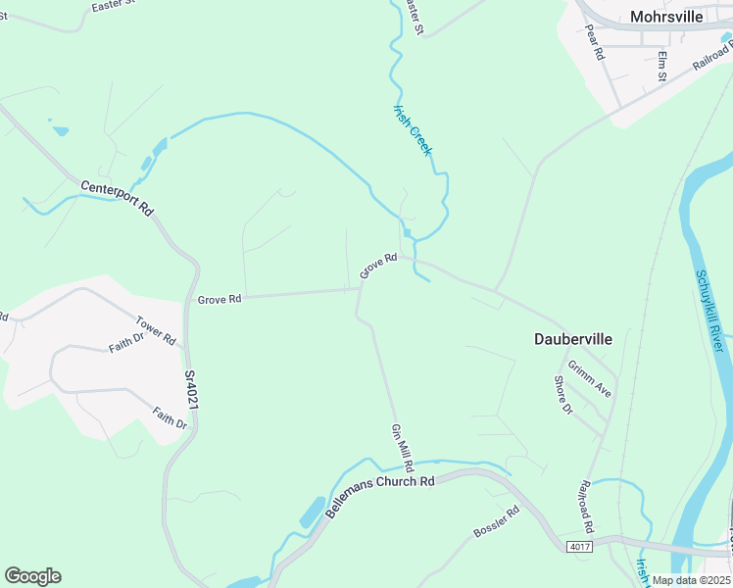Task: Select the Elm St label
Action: [x=663, y=66]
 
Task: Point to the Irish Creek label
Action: [x=412, y=128]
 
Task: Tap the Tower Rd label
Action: [x=156, y=330]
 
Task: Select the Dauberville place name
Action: [x=573, y=339]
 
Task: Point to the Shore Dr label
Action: [x=562, y=395]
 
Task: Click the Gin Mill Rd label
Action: [x=403, y=445]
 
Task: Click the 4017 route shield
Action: [x=579, y=546]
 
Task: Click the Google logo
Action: [x=32, y=576]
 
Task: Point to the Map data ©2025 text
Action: [x=691, y=580]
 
